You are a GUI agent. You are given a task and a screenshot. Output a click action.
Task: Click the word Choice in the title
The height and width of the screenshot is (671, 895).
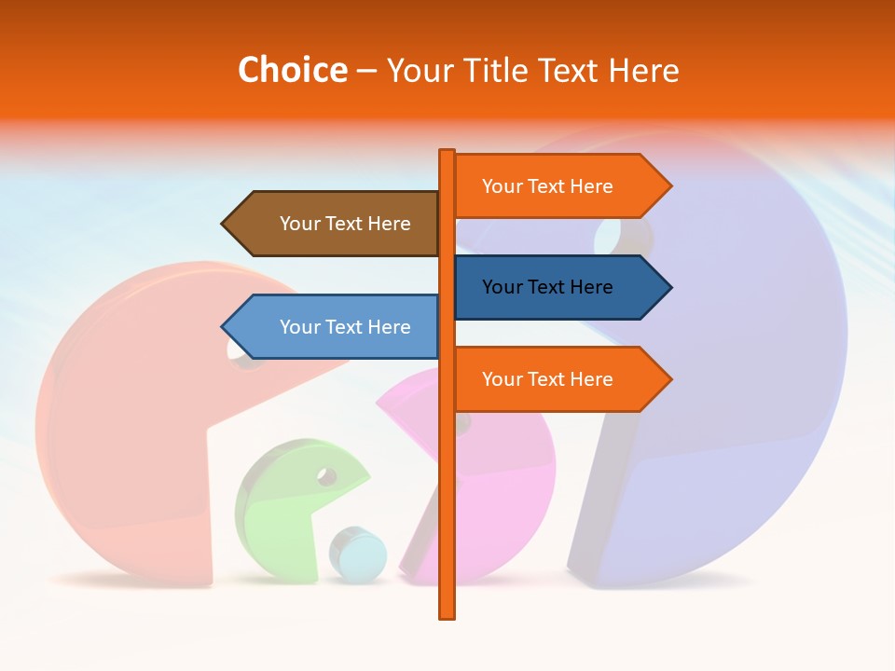[292, 70]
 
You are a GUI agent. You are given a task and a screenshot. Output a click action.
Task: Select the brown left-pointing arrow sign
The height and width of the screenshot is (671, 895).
[336, 224]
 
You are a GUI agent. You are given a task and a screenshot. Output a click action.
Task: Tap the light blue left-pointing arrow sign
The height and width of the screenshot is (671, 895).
[336, 327]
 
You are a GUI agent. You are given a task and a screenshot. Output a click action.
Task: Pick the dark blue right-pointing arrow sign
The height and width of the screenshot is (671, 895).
[556, 287]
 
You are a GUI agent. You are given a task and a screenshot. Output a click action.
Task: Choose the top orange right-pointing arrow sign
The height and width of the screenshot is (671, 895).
[556, 186]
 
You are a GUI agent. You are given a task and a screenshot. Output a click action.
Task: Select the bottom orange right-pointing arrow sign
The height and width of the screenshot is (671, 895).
[556, 379]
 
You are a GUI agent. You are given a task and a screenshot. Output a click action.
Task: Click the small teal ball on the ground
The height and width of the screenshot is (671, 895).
[358, 555]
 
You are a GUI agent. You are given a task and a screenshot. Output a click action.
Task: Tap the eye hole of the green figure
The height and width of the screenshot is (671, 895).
[326, 476]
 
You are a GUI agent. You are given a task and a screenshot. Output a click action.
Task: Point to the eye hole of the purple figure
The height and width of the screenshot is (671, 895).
[611, 236]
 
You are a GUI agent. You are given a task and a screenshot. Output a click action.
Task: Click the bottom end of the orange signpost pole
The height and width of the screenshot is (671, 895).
[447, 615]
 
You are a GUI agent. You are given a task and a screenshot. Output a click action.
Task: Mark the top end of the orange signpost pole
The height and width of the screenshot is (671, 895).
[447, 152]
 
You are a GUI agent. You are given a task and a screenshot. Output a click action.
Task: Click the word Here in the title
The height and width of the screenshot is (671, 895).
[643, 70]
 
